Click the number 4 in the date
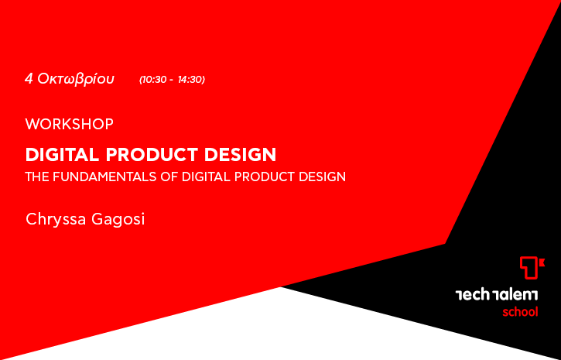[29, 79]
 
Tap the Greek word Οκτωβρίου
[76, 79]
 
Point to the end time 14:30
[190, 80]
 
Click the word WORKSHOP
[70, 124]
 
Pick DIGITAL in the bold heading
[62, 154]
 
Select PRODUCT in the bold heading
[152, 154]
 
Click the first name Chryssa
[56, 219]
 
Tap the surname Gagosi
[118, 219]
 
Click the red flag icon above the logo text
[532, 268]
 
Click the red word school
[520, 312]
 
